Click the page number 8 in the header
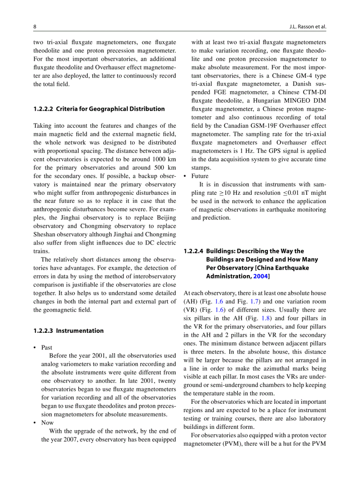pyautogui.click(x=35, y=26)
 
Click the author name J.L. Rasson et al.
pyautogui.click(x=305, y=26)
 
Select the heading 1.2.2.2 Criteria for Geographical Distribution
pyautogui.click(x=99, y=109)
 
